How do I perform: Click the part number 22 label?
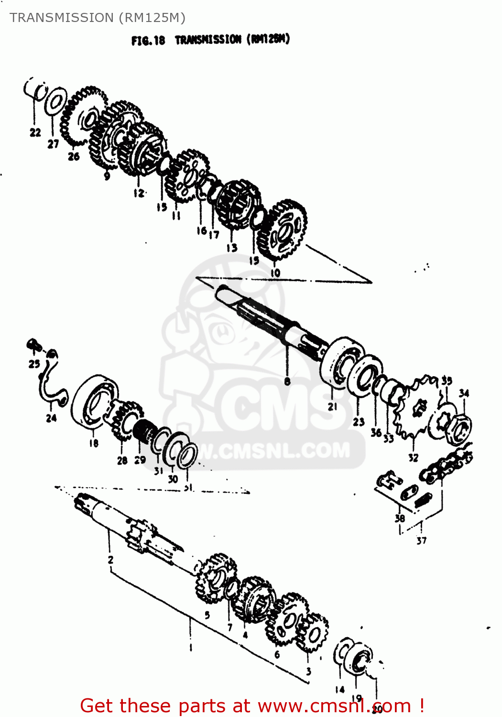(35, 132)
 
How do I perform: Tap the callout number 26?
(73, 156)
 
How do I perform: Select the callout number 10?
(275, 273)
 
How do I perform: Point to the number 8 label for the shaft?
(287, 381)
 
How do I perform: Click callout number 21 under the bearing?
(333, 406)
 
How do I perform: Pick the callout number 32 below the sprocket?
(413, 457)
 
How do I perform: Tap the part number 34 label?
(464, 393)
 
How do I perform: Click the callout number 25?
(34, 364)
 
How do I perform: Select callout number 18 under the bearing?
(94, 443)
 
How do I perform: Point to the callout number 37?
(421, 541)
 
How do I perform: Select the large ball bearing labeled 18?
(94, 401)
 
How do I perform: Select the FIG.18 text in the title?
(148, 41)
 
